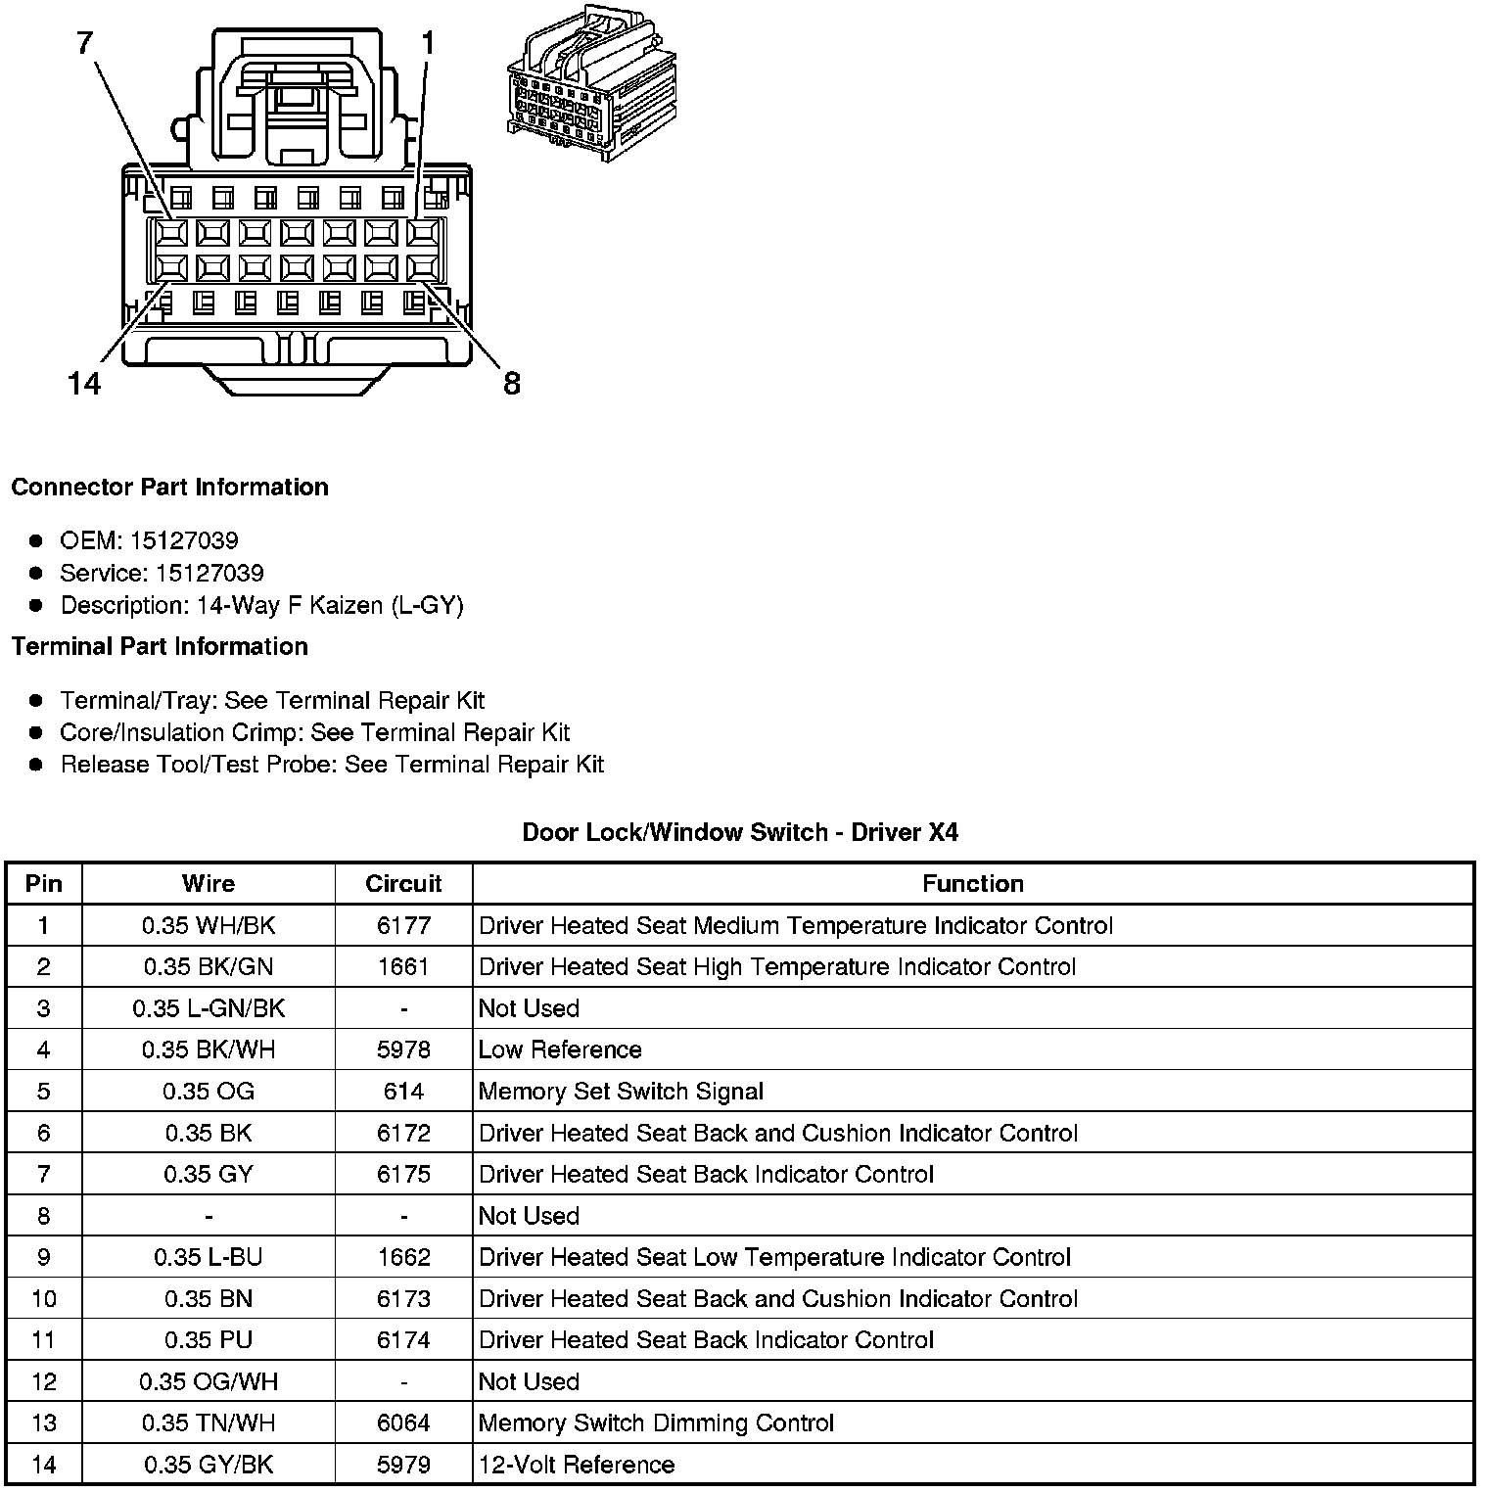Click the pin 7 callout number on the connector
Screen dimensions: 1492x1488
point(85,44)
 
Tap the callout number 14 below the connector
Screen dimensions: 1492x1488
point(85,383)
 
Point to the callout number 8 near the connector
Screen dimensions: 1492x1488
point(512,383)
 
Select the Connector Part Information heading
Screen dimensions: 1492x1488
point(170,488)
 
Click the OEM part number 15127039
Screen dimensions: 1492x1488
point(184,540)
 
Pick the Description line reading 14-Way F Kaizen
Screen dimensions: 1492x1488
point(261,605)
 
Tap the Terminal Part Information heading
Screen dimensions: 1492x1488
point(160,646)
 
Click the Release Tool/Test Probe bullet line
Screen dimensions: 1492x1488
point(332,765)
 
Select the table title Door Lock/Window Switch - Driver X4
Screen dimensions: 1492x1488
point(740,832)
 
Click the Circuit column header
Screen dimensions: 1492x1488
point(403,883)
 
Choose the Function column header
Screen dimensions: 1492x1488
point(972,883)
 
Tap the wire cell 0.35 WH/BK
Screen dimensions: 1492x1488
point(209,925)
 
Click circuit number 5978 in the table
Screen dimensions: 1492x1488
point(403,1049)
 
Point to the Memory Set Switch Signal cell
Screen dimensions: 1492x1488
point(621,1092)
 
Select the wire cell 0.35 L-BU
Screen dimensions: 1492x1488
point(209,1257)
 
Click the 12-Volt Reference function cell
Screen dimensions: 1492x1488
point(577,1465)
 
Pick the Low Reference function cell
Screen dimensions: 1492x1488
point(560,1049)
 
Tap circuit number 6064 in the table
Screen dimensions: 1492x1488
point(403,1422)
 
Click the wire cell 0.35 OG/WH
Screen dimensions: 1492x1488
point(209,1381)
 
